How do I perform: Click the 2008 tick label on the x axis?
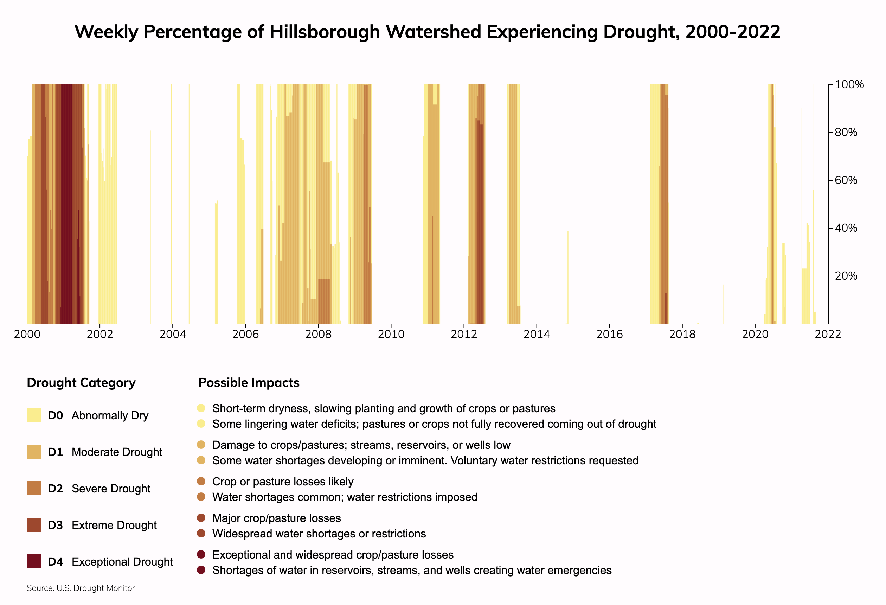pos(318,335)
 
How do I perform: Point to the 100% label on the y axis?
pos(849,85)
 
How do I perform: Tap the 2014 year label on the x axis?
pos(537,335)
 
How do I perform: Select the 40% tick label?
pos(846,228)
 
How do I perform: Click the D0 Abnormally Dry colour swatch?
pos(33,415)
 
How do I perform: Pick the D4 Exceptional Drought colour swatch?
pos(33,561)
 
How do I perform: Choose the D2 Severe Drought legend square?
pos(33,488)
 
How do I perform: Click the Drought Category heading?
pos(81,383)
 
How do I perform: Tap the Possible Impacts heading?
pos(249,383)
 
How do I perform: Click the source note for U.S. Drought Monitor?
pos(81,588)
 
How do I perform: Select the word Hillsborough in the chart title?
pos(325,32)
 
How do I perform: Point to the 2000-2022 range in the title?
pos(733,32)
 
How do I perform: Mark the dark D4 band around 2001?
pos(67,202)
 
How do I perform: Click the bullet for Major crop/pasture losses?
pos(201,518)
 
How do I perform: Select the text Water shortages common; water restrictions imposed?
pos(345,497)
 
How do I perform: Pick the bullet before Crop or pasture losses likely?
pos(201,482)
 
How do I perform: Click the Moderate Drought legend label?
pos(117,452)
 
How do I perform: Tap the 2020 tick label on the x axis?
pos(755,335)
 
